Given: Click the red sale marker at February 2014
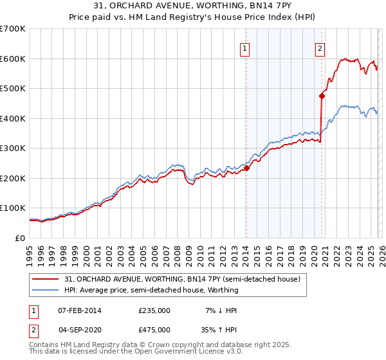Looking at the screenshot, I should [246, 168].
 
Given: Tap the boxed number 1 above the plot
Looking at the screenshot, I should [246, 47].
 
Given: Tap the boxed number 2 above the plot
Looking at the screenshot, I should [320, 47].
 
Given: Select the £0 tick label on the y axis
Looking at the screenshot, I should [21, 239].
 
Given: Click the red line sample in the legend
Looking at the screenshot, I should [46, 279].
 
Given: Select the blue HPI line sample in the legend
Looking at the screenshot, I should [46, 290].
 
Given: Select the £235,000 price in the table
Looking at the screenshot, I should [154, 310].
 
